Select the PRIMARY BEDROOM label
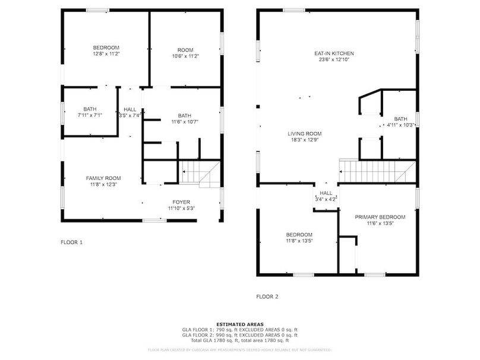(380, 217)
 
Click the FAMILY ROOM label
(103, 178)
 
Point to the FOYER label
(181, 202)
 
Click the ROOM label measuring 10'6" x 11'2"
(185, 50)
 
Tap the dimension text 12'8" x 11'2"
(106, 54)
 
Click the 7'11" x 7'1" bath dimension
(90, 115)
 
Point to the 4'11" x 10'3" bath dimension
(400, 125)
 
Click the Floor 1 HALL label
(130, 109)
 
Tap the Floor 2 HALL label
(326, 193)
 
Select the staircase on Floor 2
(374, 172)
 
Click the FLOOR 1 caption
(72, 242)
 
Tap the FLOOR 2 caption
(267, 296)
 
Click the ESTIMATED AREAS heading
(239, 324)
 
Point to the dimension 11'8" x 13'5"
(299, 241)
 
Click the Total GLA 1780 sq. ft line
(239, 340)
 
